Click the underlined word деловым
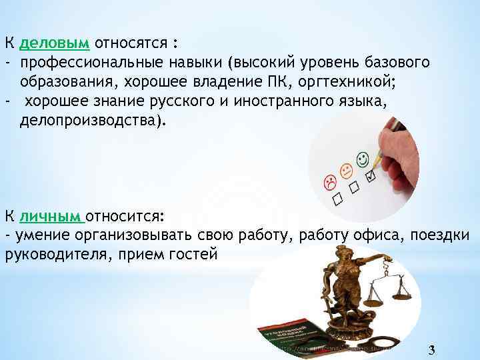55,44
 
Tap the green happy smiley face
363,160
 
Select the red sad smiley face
329,182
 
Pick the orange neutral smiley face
346,171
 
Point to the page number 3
432,351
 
